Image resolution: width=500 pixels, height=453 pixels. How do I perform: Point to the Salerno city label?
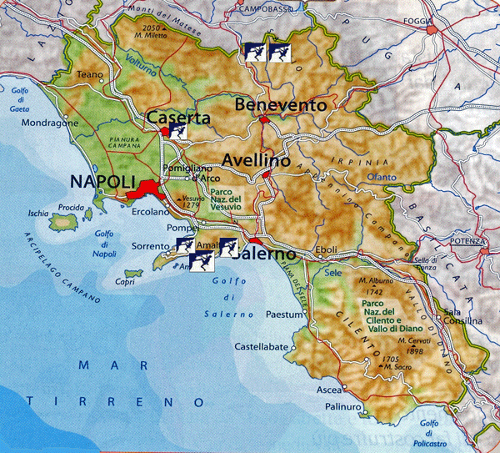[268, 253]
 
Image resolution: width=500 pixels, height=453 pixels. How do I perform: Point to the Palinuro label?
[342, 407]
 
